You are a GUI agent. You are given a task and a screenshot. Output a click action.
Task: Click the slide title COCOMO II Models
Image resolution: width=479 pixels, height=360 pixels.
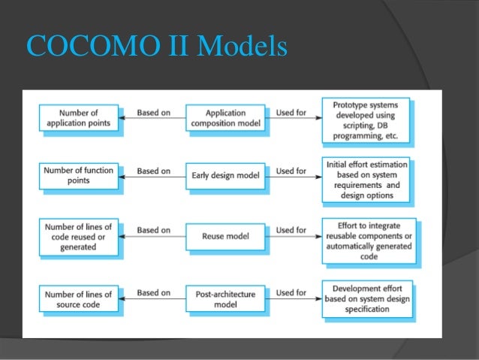tap(157, 47)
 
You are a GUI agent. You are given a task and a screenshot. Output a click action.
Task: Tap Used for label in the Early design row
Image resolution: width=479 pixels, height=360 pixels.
tap(291, 171)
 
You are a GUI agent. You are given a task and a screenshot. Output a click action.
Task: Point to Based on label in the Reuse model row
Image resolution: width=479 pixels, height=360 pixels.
tap(153, 230)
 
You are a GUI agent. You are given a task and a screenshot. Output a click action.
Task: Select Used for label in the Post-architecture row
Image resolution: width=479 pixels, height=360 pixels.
tap(291, 292)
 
